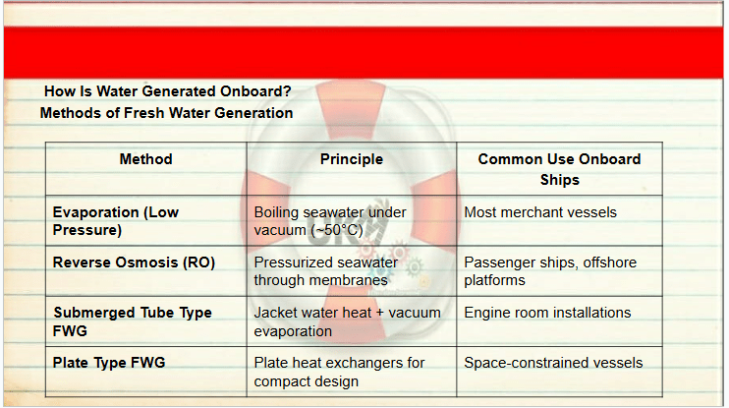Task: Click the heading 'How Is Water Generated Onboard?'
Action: click(167, 91)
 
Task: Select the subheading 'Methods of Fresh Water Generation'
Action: click(166, 113)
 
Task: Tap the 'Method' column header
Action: click(146, 159)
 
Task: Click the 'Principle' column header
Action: click(352, 159)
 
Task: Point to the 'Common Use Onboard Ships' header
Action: click(559, 169)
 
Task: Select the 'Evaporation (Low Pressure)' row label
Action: click(116, 221)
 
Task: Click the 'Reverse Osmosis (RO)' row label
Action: click(134, 262)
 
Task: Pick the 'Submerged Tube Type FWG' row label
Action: click(133, 321)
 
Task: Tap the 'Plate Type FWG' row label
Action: click(109, 363)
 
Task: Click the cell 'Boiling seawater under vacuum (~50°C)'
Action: click(330, 221)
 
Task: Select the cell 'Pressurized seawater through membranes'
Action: click(326, 271)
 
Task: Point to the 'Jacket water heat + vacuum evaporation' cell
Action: click(347, 321)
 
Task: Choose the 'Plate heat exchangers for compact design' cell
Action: click(339, 372)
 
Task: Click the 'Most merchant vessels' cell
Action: click(540, 212)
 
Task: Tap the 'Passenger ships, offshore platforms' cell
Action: click(550, 271)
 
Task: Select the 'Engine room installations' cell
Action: click(547, 313)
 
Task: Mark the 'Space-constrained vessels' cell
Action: click(553, 363)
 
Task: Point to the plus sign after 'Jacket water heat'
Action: click(380, 313)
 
